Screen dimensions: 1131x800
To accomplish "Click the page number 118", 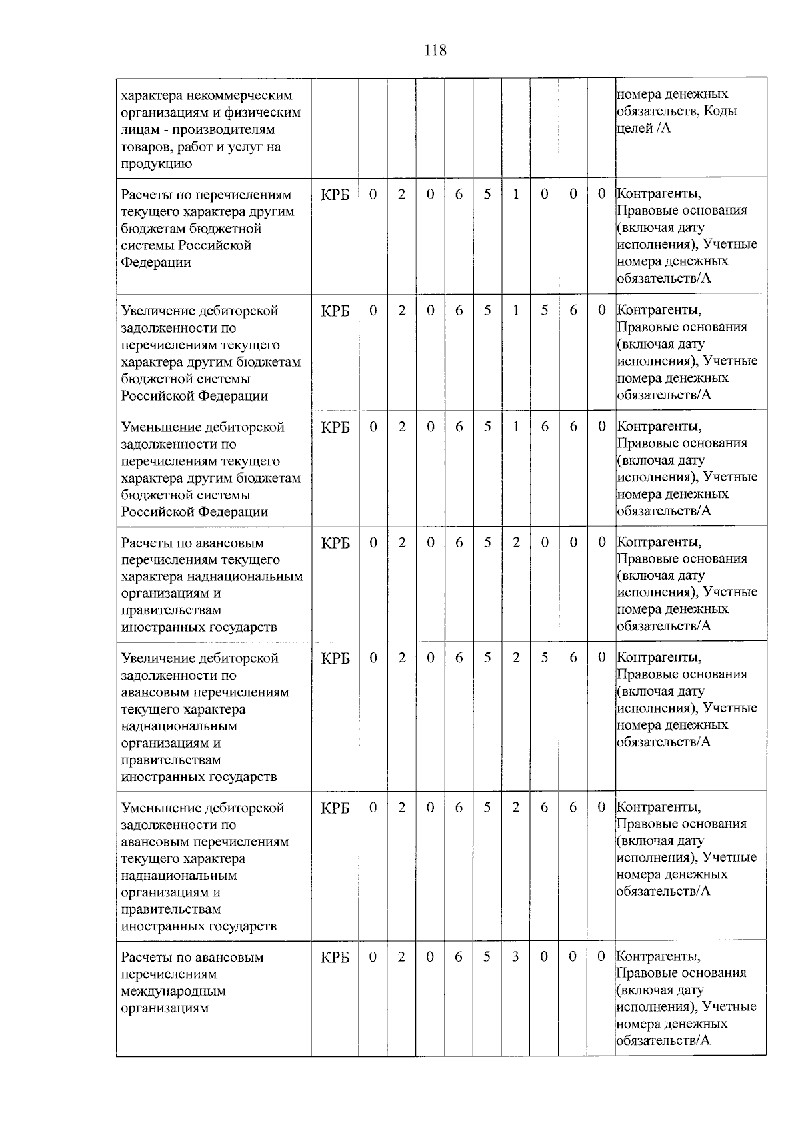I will click(x=435, y=50).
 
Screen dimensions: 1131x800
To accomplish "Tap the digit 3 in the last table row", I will click(x=515, y=957).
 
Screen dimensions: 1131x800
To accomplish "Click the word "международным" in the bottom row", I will click(x=173, y=991).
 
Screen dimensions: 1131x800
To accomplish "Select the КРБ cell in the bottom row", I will click(x=335, y=958).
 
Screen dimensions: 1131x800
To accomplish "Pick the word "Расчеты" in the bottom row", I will click(x=146, y=958).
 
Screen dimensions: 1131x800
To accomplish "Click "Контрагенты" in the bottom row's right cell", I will click(x=659, y=956).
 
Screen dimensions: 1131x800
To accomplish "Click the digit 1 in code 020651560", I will click(x=515, y=311).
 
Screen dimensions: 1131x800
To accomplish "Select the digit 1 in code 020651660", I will click(x=515, y=427).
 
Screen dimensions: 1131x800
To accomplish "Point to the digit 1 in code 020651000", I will click(x=515, y=194).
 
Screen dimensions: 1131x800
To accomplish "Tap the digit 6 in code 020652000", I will click(x=459, y=543).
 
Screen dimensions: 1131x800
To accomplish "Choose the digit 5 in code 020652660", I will click(x=487, y=808).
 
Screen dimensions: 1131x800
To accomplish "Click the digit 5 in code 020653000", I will click(x=487, y=957).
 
